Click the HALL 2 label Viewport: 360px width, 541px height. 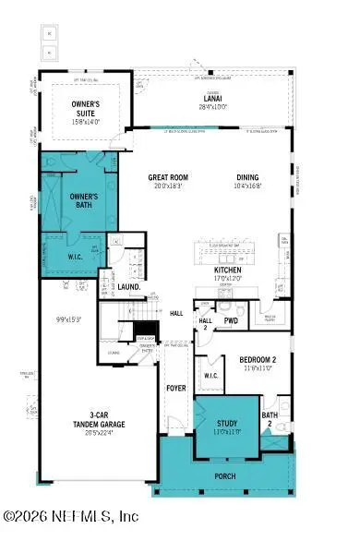point(205,323)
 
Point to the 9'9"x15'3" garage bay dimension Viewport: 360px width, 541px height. point(68,319)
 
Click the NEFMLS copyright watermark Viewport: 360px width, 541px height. point(71,515)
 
